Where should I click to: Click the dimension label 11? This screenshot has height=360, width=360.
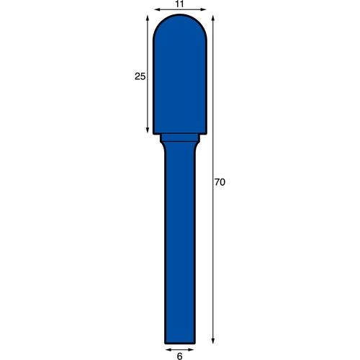(179, 4)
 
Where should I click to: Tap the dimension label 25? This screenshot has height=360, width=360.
(140, 76)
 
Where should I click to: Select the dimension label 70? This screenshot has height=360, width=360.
(220, 182)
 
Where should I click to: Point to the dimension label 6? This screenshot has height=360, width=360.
(179, 356)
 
